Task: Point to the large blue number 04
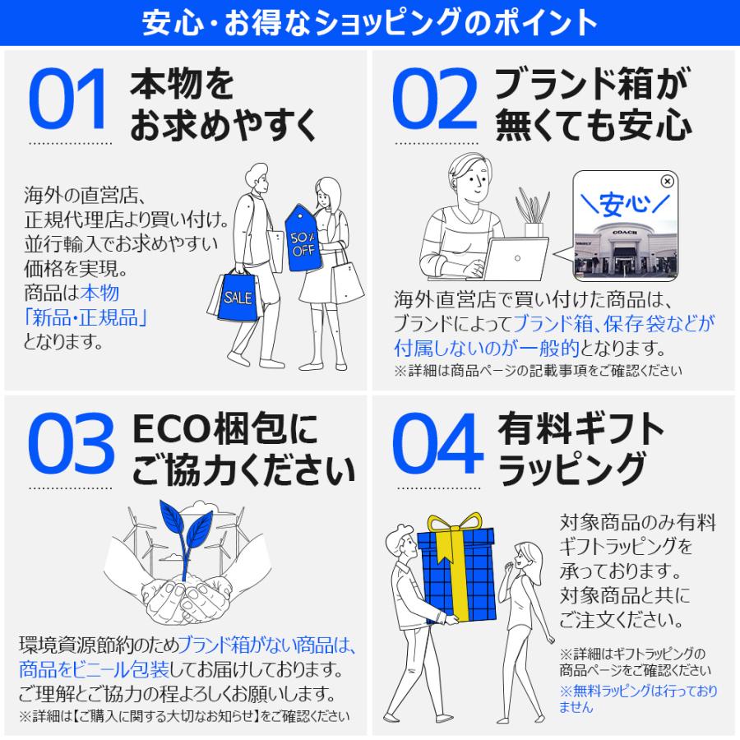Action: pyautogui.click(x=436, y=446)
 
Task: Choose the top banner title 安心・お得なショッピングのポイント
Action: pyautogui.click(x=370, y=23)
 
